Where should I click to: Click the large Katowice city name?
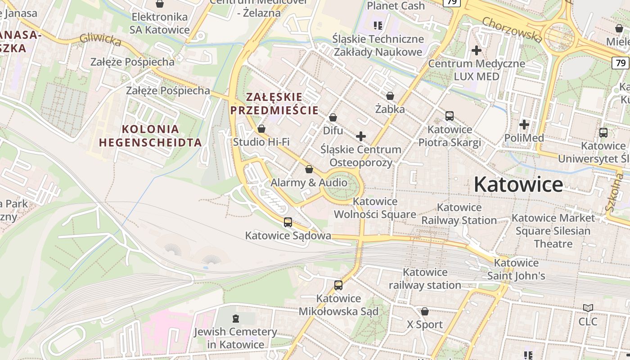pos(518,184)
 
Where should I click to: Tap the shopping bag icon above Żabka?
pos(390,96)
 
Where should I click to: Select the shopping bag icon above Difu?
pos(333,117)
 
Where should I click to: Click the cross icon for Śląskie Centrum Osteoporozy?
pos(361,136)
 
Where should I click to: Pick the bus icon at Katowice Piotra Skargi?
pos(450,116)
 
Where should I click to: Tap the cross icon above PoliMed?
pos(524,124)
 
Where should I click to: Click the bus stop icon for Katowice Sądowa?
pos(288,222)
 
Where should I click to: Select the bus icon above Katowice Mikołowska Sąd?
pos(338,285)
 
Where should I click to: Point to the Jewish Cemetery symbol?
pos(235,319)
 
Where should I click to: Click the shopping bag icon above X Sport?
pos(425,311)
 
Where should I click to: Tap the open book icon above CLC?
pos(588,308)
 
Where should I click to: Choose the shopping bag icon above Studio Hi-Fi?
pos(261,129)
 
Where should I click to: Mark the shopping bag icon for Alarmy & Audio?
pos(309,169)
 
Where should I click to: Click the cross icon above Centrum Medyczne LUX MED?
pos(477,50)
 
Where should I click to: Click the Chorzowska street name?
pos(512,30)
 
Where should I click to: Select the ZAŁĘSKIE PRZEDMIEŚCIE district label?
pos(274,103)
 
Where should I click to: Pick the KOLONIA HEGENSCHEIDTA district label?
pos(150,136)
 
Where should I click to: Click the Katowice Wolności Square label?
pos(375,208)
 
